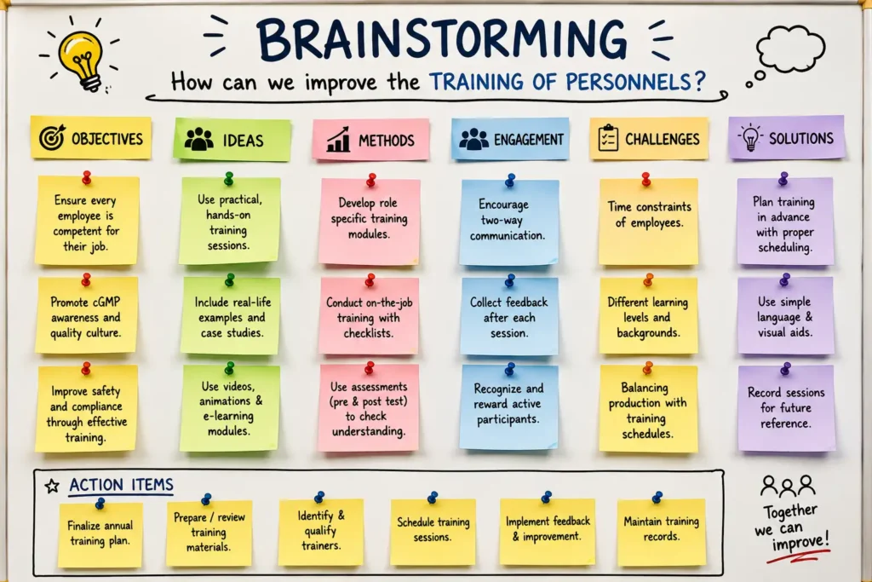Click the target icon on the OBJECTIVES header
(52, 137)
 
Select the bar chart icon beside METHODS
(338, 139)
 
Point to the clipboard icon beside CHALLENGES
(608, 138)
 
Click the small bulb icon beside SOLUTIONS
(750, 137)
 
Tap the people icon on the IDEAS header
(198, 140)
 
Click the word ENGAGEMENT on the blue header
(528, 140)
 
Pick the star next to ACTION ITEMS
(52, 487)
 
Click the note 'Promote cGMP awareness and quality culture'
(86, 315)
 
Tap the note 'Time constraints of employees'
(648, 222)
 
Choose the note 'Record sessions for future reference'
(786, 408)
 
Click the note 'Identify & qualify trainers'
(321, 532)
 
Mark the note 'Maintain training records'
(661, 532)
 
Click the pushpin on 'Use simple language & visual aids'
(784, 279)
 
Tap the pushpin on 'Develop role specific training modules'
(371, 180)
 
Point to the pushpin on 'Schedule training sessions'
(433, 497)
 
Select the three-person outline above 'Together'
(789, 486)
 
